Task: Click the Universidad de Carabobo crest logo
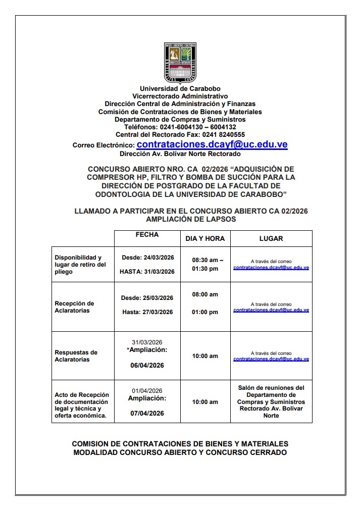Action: pyautogui.click(x=180, y=63)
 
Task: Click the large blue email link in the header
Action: pyautogui.click(x=212, y=144)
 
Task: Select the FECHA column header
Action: pyautogui.click(x=147, y=235)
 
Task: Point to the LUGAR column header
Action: pyautogui.click(x=271, y=238)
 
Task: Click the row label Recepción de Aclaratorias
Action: pyautogui.click(x=74, y=307)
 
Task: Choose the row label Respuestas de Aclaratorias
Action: pyautogui.click(x=76, y=356)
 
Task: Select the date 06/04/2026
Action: pyautogui.click(x=147, y=365)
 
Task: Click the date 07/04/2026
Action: pyautogui.click(x=147, y=413)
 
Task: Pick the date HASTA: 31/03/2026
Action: pyautogui.click(x=147, y=272)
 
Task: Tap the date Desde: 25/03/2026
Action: pyautogui.click(x=147, y=298)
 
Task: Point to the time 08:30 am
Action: pyautogui.click(x=205, y=260)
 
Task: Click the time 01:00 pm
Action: pyautogui.click(x=205, y=312)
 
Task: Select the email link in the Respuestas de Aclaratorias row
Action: pyautogui.click(x=271, y=359)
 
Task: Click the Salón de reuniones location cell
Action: pyautogui.click(x=271, y=401)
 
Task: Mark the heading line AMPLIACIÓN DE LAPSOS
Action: pyautogui.click(x=191, y=220)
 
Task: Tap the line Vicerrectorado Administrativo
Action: pyautogui.click(x=180, y=96)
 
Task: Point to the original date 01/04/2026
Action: pyautogui.click(x=147, y=391)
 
